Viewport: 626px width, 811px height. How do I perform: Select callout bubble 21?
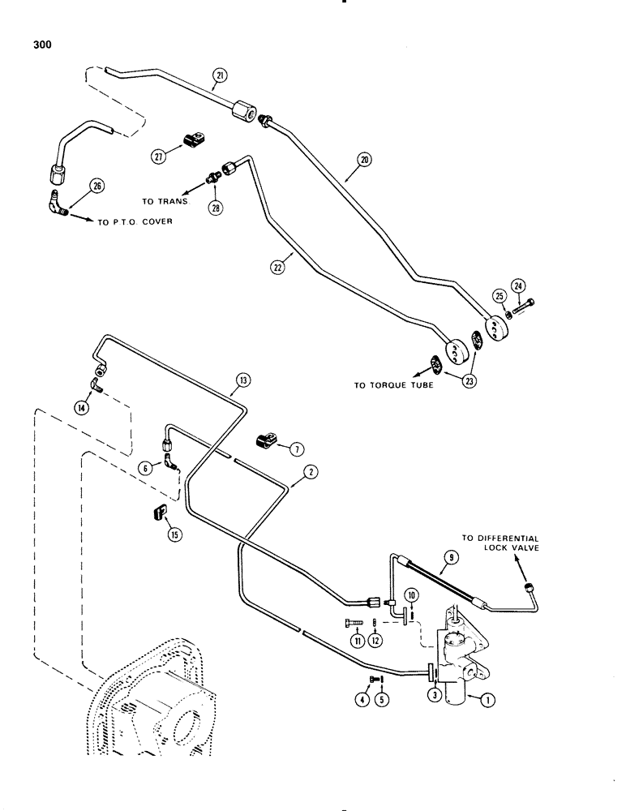tap(219, 77)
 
